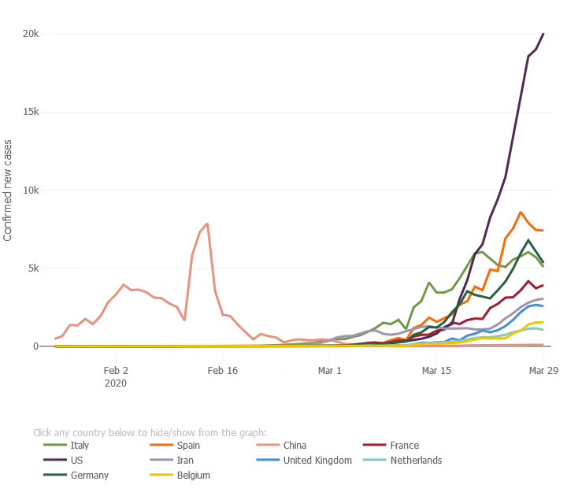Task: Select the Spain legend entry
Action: tap(188, 446)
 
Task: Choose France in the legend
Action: tap(404, 446)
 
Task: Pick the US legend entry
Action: tap(77, 461)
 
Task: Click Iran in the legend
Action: tap(186, 461)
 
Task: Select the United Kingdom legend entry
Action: tap(317, 461)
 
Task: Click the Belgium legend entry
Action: tap(192, 476)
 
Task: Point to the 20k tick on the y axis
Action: tap(31, 34)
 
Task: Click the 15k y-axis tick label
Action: tap(31, 112)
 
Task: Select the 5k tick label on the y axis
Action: tap(33, 268)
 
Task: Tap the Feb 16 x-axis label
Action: tap(223, 369)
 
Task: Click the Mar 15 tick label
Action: tap(437, 369)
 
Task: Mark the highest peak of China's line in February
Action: tap(207, 224)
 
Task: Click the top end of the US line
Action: tap(543, 34)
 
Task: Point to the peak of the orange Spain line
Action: tap(521, 212)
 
